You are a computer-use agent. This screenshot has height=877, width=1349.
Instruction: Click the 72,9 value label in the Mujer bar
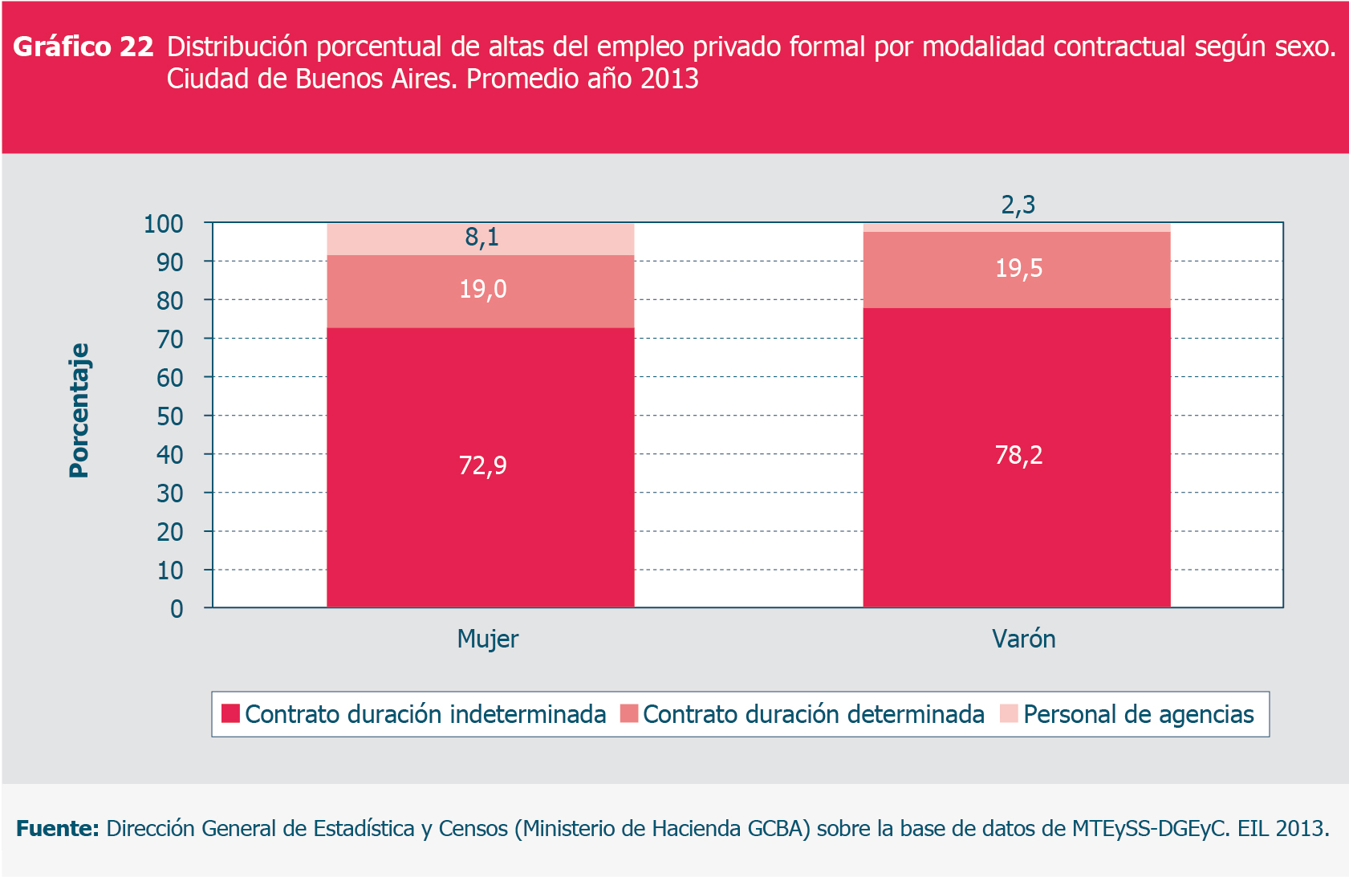pyautogui.click(x=482, y=465)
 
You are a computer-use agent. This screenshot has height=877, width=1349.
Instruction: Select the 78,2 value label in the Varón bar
pyautogui.click(x=1018, y=455)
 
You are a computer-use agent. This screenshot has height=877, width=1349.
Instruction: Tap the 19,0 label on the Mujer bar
pyautogui.click(x=482, y=289)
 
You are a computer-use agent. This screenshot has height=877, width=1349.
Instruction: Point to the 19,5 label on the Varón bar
pyautogui.click(x=1018, y=268)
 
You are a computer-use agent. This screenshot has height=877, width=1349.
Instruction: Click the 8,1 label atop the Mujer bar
pyautogui.click(x=481, y=237)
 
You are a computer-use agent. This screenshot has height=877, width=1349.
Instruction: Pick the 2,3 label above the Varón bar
pyautogui.click(x=1018, y=205)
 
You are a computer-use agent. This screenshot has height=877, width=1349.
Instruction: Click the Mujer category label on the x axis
pyautogui.click(x=487, y=639)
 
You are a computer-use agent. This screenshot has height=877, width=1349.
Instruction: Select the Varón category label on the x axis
pyautogui.click(x=1023, y=639)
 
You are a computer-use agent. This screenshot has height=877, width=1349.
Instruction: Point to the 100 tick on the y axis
pyautogui.click(x=163, y=224)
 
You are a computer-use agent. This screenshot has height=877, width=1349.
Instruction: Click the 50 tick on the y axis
pyautogui.click(x=169, y=416)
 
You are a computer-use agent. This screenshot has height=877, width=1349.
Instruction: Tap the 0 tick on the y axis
pyautogui.click(x=177, y=609)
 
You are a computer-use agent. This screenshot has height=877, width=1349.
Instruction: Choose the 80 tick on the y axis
pyautogui.click(x=169, y=301)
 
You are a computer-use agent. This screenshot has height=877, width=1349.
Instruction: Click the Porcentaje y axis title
pyautogui.click(x=79, y=411)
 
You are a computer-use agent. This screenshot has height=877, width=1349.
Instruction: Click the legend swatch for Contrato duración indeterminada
pyautogui.click(x=230, y=713)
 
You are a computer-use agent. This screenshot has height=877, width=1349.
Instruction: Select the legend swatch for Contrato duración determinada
pyautogui.click(x=628, y=713)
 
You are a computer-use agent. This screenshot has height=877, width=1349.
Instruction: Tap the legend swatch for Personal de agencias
pyautogui.click(x=1009, y=713)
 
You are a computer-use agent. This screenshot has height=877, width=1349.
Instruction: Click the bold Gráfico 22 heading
pyautogui.click(x=83, y=47)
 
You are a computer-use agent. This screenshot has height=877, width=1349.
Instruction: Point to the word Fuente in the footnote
pyautogui.click(x=57, y=828)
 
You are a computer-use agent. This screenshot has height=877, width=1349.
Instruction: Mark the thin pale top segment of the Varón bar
pyautogui.click(x=1016, y=228)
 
